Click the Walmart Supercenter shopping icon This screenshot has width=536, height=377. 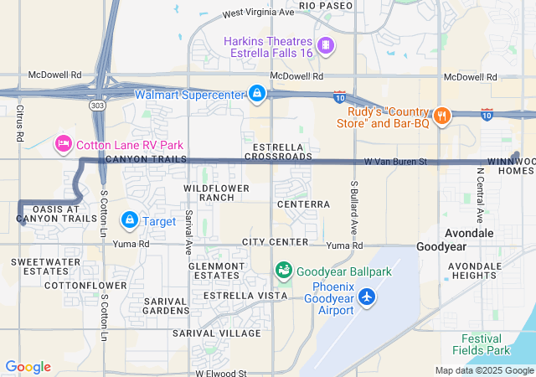click(x=257, y=94)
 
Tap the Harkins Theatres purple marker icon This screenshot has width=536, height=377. click(x=325, y=44)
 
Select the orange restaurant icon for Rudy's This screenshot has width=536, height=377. click(x=442, y=115)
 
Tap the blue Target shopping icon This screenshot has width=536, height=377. click(x=130, y=220)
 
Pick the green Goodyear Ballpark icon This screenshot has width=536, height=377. click(x=284, y=271)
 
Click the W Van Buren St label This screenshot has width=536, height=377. click(x=395, y=161)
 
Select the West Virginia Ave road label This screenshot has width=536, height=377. click(x=259, y=13)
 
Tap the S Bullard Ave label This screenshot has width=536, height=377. click(x=354, y=206)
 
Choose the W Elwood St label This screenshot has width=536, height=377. click(x=221, y=373)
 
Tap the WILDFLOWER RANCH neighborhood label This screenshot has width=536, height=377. click(x=210, y=192)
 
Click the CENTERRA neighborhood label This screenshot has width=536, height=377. click(x=302, y=204)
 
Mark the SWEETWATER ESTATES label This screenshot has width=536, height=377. click(x=39, y=266)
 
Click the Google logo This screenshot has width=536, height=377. click(x=28, y=367)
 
